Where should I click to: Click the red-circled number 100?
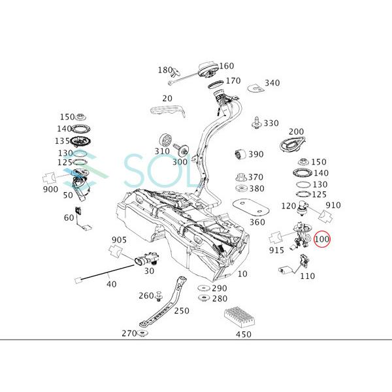[x=322, y=240]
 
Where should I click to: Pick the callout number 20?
[x=167, y=99]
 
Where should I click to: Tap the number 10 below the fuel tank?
[x=242, y=274]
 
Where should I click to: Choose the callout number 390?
[x=255, y=154]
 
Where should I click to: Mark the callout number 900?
[x=50, y=189]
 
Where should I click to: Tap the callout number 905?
[x=118, y=240]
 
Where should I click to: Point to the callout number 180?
[x=165, y=70]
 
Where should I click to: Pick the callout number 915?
[x=275, y=250]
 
